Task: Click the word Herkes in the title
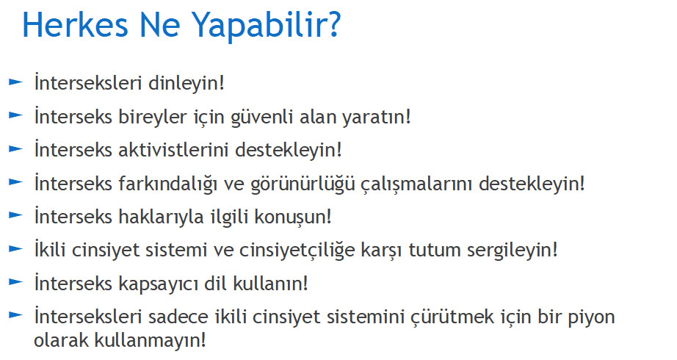point(75,25)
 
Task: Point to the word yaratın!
point(377,117)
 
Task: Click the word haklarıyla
point(161,217)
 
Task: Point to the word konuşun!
point(293,217)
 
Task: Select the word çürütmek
point(452,317)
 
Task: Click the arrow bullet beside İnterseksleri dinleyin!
point(15,82)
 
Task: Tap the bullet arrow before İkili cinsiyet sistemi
point(15,248)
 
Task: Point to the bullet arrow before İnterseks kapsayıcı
point(15,282)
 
